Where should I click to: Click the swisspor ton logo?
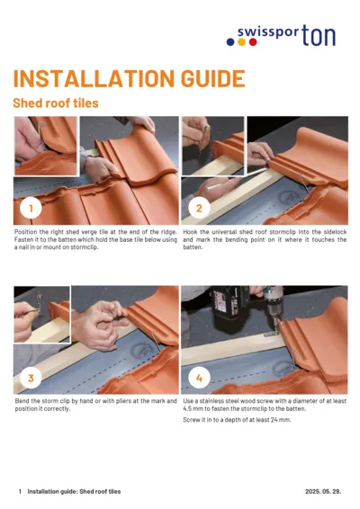286,36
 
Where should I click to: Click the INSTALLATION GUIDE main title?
129,78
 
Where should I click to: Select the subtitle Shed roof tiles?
56,103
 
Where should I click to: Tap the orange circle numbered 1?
31,209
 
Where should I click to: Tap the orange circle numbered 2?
199,209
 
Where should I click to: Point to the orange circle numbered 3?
31,379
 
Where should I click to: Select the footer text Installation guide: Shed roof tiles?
74,492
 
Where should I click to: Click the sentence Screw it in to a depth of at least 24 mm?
237,420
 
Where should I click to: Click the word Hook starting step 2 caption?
191,231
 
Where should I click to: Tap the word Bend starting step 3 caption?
22,401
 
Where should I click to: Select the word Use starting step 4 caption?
189,401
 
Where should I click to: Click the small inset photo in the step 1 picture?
45,145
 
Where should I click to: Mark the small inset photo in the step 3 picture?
41,315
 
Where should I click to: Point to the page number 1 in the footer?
20,492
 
